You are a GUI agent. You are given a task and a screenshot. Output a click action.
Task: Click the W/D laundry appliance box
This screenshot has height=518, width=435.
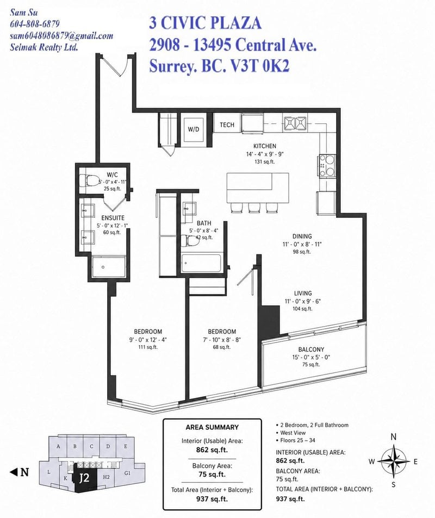click(194, 129)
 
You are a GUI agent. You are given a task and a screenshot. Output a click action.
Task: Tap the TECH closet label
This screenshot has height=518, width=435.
click(227, 125)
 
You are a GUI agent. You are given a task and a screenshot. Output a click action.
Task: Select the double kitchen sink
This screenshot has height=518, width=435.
click(295, 123)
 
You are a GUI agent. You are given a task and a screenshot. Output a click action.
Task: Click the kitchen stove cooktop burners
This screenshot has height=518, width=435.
click(327, 165)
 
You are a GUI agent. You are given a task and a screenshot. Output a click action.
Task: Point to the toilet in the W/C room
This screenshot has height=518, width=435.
click(89, 180)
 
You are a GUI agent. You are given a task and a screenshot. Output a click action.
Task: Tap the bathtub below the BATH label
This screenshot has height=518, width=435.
click(201, 263)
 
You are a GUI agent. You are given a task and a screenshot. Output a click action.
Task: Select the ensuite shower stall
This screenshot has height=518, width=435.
click(109, 267)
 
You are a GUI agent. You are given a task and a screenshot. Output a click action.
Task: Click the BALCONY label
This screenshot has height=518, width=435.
click(311, 350)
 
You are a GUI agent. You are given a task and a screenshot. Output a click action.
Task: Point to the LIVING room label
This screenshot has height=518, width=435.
click(303, 294)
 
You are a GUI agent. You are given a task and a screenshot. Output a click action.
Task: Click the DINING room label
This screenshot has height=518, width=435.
click(302, 236)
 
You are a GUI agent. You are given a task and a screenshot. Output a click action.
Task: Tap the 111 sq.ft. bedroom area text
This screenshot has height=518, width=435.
click(148, 347)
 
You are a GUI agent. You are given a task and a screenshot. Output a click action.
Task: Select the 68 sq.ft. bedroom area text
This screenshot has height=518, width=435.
click(222, 347)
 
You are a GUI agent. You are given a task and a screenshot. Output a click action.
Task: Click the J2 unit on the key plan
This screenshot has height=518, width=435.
click(84, 478)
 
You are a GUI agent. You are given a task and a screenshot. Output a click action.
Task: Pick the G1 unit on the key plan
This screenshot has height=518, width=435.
click(127, 473)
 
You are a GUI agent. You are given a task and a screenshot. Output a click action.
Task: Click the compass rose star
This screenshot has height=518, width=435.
click(393, 460)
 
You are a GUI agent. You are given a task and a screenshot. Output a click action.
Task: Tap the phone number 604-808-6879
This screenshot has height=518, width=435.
click(35, 24)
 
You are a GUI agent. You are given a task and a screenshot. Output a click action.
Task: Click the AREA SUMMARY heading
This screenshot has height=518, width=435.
click(212, 427)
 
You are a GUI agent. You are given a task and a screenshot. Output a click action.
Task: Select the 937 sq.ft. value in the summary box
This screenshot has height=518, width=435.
click(212, 499)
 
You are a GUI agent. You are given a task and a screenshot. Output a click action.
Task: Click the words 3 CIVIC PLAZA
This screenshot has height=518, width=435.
click(206, 23)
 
